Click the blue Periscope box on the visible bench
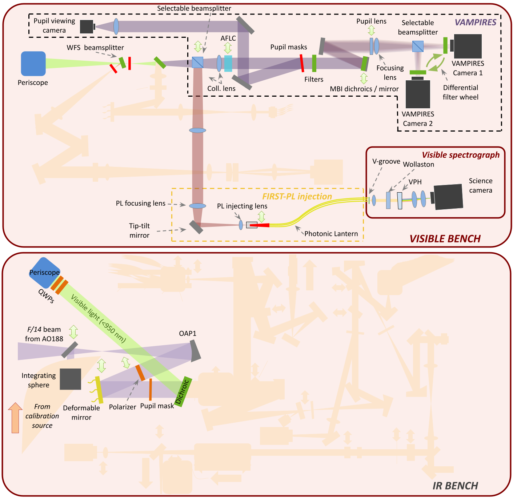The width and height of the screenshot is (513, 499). [33, 64]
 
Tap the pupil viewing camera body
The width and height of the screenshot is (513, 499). [87, 26]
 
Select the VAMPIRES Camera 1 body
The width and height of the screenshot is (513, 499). [468, 46]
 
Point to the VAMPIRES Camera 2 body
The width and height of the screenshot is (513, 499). [418, 94]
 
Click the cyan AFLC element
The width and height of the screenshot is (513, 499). [228, 64]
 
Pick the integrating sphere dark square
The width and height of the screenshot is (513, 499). [71, 379]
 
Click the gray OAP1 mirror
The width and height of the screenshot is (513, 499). [195, 351]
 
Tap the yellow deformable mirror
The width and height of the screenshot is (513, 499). [99, 390]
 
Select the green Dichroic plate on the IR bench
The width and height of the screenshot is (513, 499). [183, 391]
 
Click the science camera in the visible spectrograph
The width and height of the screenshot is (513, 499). [448, 197]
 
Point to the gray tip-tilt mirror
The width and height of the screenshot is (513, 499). [196, 227]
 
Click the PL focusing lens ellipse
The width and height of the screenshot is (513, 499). [197, 206]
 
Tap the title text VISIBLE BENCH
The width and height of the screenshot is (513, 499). [445, 239]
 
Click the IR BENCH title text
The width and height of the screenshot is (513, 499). [455, 486]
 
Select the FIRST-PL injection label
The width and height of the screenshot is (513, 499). [297, 197]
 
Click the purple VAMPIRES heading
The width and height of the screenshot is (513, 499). [476, 23]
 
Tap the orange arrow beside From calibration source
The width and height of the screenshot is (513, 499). [15, 418]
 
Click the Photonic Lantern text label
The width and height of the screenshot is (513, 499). [331, 234]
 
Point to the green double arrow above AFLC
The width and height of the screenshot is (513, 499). [228, 48]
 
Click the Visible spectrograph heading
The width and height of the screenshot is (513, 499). [461, 155]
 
